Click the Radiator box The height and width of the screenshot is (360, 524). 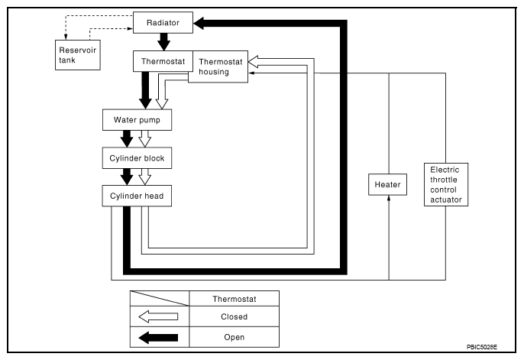(x=163, y=22)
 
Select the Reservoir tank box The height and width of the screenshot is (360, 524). (x=78, y=55)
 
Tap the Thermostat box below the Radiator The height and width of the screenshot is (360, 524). (x=163, y=61)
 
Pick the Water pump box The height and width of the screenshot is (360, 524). (x=137, y=120)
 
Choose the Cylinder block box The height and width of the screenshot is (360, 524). (x=137, y=157)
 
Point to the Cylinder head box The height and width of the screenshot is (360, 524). (x=137, y=196)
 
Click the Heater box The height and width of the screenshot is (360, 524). (x=388, y=184)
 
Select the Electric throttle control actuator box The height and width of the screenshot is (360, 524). (x=446, y=184)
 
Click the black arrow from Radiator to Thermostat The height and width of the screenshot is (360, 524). (x=163, y=42)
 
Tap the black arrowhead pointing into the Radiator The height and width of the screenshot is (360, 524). (x=199, y=24)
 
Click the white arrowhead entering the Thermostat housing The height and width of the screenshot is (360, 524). (x=253, y=62)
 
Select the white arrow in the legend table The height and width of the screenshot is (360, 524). (x=158, y=316)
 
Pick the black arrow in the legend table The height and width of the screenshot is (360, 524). (x=158, y=338)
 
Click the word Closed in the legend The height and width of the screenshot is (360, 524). (x=235, y=316)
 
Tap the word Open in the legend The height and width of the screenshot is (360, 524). (x=235, y=337)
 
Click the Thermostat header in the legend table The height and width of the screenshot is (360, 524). (x=235, y=299)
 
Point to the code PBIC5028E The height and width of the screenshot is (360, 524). (x=482, y=347)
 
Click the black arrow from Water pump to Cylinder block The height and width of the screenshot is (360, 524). (x=127, y=138)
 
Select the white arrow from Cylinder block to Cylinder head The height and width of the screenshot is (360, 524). (x=144, y=177)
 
